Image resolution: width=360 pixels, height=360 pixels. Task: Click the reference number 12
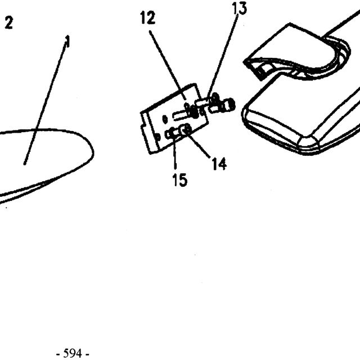pyautogui.click(x=148, y=18)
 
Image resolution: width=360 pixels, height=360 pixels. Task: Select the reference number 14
pyautogui.click(x=219, y=164)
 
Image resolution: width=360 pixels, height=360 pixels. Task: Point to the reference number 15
pyautogui.click(x=180, y=179)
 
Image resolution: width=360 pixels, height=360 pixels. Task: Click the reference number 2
pyautogui.click(x=9, y=22)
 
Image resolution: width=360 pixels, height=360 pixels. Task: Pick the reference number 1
pyautogui.click(x=67, y=42)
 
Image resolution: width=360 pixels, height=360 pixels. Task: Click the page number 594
pyautogui.click(x=73, y=353)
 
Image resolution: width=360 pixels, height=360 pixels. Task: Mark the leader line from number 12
pyautogui.click(x=168, y=65)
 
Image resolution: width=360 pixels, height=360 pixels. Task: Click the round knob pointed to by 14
pyautogui.click(x=186, y=129)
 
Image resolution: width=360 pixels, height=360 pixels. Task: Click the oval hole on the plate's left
pyautogui.click(x=165, y=119)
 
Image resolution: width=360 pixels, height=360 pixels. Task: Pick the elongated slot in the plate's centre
pyautogui.click(x=181, y=115)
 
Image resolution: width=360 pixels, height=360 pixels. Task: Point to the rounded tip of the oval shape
pyautogui.click(x=92, y=151)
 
